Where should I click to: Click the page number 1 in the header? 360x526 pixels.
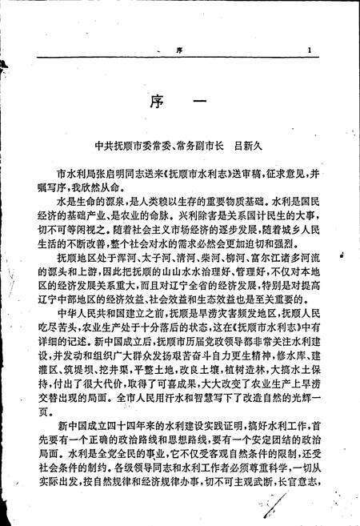(x=309, y=50)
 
